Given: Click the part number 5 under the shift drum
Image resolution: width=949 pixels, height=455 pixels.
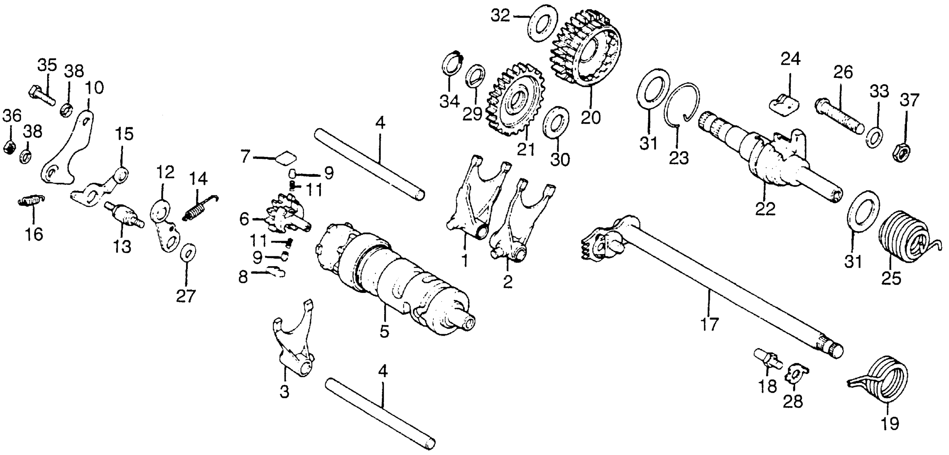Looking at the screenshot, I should point(384,332).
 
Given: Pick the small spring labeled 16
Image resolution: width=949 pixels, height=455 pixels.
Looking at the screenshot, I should point(31,201).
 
